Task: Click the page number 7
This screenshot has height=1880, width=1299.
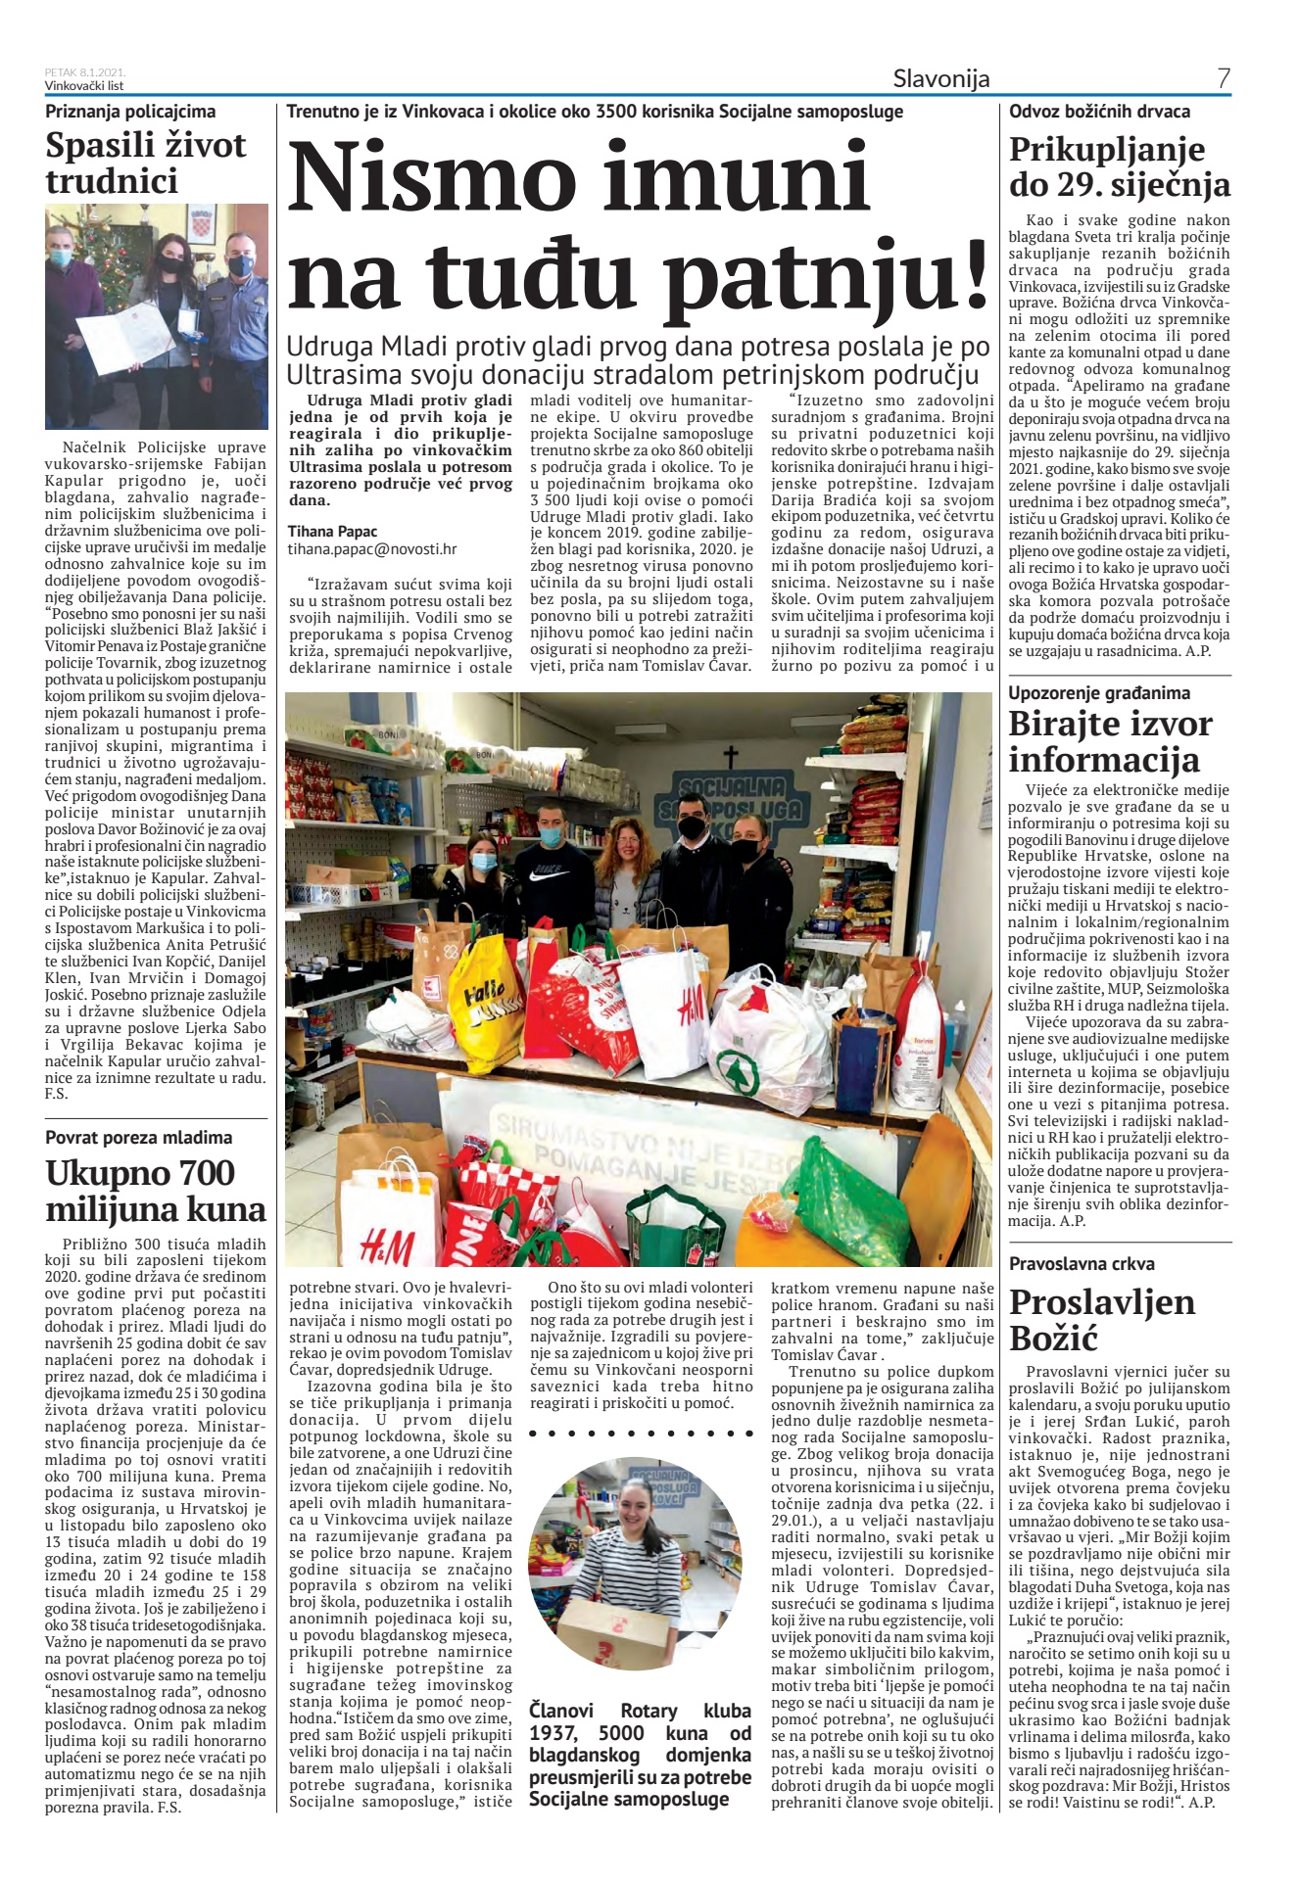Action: click(1223, 79)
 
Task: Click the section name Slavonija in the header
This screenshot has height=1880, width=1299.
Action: click(940, 79)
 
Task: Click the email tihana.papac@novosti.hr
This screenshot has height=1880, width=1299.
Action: click(371, 550)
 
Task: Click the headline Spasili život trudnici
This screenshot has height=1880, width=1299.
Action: click(146, 163)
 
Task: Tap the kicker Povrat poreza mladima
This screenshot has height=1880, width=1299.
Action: click(139, 1137)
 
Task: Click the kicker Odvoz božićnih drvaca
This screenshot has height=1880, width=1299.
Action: click(1099, 111)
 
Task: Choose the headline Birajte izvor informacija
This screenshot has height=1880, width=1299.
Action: click(1110, 741)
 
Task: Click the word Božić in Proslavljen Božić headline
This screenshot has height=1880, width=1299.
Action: click(1055, 1338)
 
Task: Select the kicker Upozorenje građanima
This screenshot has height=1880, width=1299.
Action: click(1099, 692)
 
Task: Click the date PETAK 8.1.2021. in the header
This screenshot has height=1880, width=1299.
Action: click(85, 72)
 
